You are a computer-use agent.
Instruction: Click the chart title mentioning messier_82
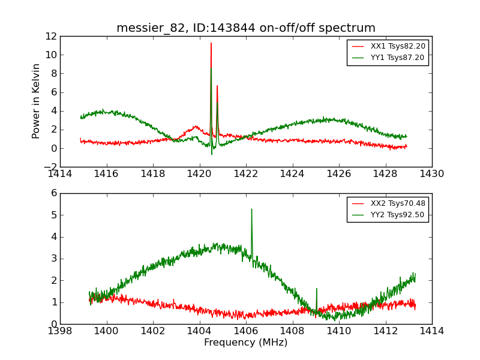[246, 28]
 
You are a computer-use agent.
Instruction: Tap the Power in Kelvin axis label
[37, 101]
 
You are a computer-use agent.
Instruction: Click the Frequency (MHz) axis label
[246, 343]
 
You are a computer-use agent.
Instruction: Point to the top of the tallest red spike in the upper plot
[211, 43]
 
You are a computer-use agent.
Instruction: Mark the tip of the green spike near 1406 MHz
[251, 209]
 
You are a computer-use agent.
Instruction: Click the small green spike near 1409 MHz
[316, 289]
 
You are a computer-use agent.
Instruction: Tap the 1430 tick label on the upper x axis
[431, 174]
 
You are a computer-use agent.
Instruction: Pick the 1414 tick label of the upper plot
[60, 174]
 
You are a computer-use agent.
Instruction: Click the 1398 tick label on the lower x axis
[60, 331]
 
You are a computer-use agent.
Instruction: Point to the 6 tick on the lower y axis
[53, 193]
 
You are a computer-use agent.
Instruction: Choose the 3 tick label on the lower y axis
[53, 259]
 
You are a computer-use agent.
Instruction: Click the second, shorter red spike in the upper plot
[217, 86]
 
